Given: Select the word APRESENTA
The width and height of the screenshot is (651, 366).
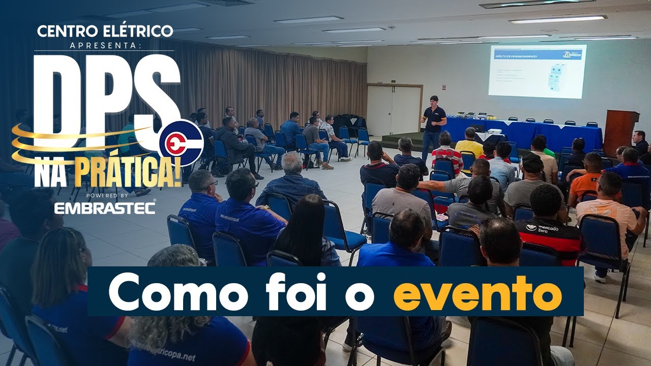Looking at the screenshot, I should (105, 45).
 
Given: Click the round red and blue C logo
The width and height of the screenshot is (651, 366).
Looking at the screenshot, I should (181, 143).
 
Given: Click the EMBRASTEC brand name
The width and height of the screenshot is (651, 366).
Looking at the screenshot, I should (105, 208).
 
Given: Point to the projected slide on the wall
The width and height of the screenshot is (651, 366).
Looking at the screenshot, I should (537, 71).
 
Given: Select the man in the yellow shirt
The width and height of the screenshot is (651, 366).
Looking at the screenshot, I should (469, 143).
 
